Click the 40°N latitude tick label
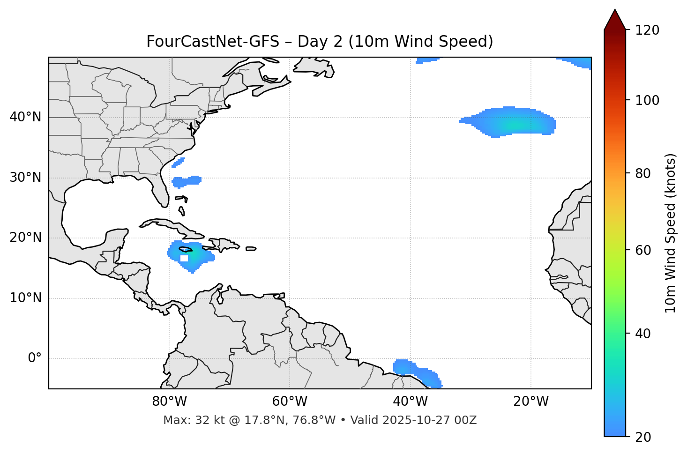coord(25,117)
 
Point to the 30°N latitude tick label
coord(25,178)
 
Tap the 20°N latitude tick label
coord(25,238)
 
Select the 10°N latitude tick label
coord(25,298)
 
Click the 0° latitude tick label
coord(35,358)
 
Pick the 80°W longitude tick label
coord(169,402)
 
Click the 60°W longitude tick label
coord(290,402)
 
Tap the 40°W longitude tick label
coord(410,402)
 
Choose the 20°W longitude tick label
coord(531,402)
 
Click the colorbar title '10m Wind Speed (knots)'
coord(671,233)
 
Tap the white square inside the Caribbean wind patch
coord(184,258)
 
